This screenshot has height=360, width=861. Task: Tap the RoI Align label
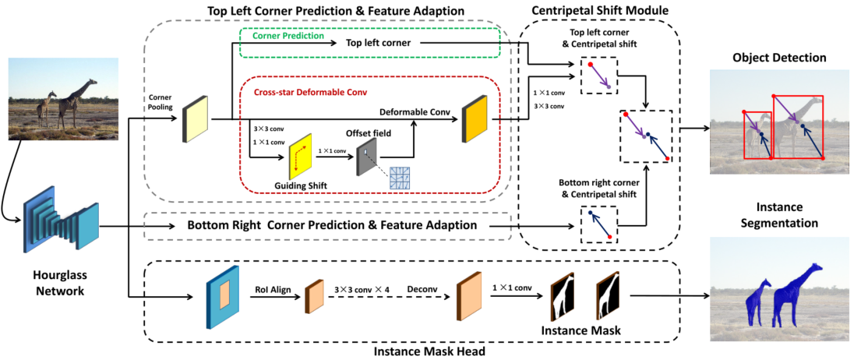click(271, 289)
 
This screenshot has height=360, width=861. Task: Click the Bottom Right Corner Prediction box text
click(332, 225)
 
